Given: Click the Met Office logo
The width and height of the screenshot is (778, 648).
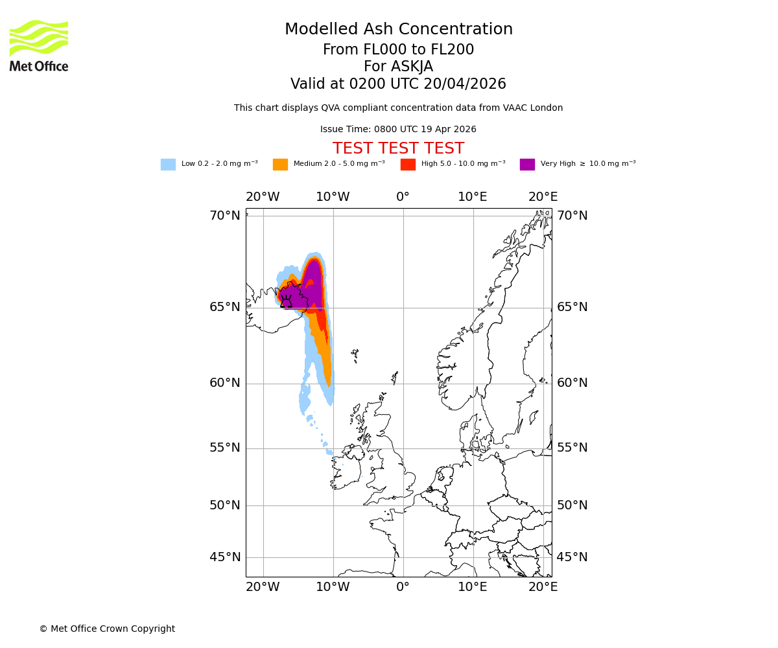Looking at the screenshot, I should (39, 45).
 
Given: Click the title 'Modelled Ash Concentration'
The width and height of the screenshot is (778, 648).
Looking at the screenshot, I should (399, 30).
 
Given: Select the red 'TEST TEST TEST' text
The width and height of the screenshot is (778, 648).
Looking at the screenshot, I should (398, 149).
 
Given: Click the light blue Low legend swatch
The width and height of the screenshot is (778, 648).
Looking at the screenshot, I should (168, 165).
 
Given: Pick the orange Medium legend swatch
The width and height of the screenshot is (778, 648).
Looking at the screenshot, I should (280, 165).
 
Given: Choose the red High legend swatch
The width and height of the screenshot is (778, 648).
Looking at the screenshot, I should (408, 165).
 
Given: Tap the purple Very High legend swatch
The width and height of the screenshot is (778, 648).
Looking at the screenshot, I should (527, 165).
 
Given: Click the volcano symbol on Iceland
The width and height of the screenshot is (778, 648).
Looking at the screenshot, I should (286, 301).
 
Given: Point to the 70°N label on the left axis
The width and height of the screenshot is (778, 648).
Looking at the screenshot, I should (224, 216).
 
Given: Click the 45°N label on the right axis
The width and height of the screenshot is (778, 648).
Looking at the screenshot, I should (572, 557).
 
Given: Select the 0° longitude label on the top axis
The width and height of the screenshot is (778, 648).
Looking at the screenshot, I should (403, 197).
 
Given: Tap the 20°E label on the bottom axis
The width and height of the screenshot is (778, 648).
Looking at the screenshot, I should (543, 587).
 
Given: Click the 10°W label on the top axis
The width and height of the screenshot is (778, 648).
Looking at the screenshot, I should (333, 197).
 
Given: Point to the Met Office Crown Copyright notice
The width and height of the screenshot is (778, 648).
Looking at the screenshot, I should (107, 629).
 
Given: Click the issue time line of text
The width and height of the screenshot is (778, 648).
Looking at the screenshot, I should (398, 130).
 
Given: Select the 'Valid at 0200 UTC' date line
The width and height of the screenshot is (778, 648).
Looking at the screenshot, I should (398, 84).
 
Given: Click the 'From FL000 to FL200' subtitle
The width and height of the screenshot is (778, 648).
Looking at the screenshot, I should (398, 50).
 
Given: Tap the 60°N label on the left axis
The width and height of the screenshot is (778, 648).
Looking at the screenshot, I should (224, 383).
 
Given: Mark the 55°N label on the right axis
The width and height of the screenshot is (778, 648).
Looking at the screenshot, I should (572, 448).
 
